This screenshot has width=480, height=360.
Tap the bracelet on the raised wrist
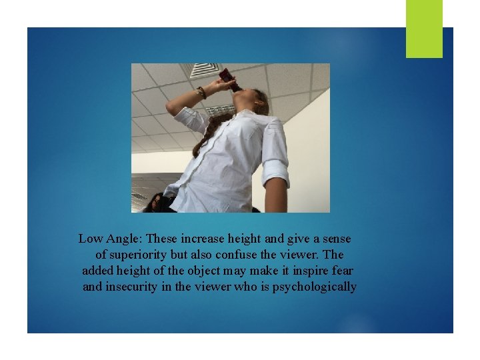click(x=201, y=93)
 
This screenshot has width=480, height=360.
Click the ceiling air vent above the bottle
click(x=205, y=69)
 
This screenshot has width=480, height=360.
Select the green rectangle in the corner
click(x=424, y=28)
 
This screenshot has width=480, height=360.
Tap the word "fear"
click(x=340, y=271)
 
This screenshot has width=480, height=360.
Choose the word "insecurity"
click(x=134, y=287)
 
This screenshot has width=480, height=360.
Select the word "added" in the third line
click(x=99, y=271)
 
